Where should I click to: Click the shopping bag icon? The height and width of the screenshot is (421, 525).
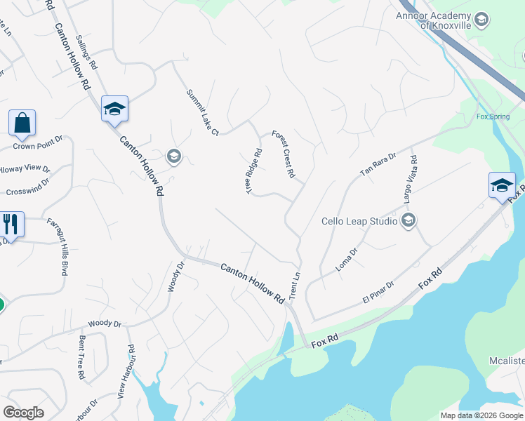tap(22, 123)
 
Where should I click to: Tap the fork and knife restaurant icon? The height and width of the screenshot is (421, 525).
tap(11, 225)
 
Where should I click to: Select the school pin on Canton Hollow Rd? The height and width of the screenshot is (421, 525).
tap(114, 109)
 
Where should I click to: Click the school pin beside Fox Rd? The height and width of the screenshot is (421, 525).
tap(502, 186)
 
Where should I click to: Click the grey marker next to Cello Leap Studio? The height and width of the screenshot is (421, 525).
tap(408, 222)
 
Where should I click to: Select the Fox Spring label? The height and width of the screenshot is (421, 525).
tap(492, 116)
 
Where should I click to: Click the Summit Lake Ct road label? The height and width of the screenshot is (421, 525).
tap(203, 112)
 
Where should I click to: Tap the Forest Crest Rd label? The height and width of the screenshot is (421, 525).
tap(284, 154)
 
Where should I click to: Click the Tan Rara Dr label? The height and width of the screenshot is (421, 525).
tap(378, 164)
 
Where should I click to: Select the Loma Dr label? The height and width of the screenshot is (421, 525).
tap(347, 259)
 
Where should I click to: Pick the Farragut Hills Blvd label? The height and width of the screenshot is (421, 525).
tap(58, 246)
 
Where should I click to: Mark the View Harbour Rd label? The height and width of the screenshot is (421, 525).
tap(126, 373)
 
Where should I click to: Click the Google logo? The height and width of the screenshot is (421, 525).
tap(23, 413)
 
